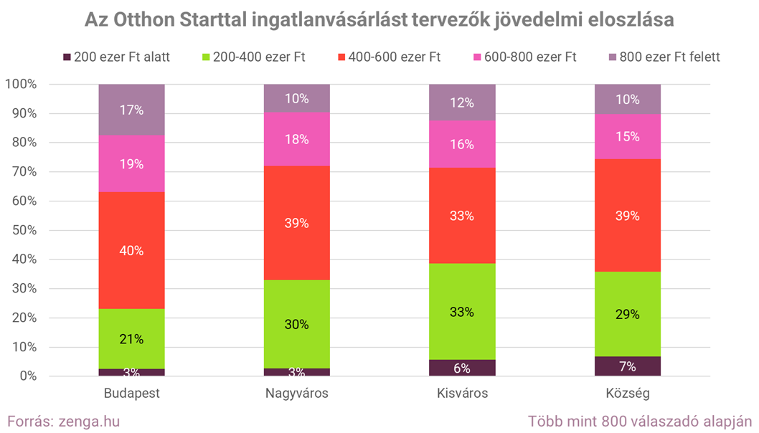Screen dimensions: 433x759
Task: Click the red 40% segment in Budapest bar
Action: pos(132,250)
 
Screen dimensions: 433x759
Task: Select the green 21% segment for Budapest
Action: pos(132,338)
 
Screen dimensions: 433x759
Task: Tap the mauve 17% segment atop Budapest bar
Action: pos(132,110)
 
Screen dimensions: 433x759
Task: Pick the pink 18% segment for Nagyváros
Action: pos(297,139)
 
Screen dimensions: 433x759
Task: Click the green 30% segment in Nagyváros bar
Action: pos(297,324)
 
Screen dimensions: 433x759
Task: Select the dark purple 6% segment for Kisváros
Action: pos(462,368)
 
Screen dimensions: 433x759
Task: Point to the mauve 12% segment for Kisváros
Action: pos(462,103)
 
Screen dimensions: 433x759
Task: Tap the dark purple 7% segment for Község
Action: pos(627,366)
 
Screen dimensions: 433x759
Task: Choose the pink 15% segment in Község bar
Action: pos(627,136)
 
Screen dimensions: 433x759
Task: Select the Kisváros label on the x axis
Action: pos(462,394)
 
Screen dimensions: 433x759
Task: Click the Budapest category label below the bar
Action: pos(132,394)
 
